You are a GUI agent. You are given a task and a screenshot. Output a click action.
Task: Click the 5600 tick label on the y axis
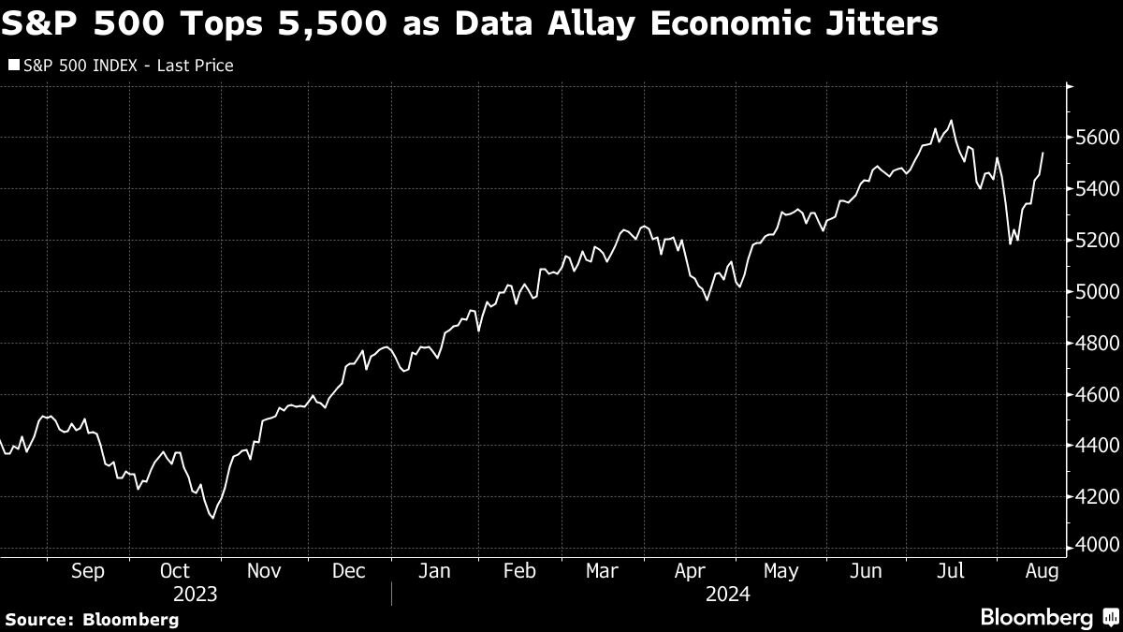click(1091, 139)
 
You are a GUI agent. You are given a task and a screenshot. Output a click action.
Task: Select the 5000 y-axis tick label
click(1091, 292)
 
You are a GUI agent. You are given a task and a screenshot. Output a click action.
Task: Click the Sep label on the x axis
click(88, 571)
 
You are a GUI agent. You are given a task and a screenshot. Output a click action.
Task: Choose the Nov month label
click(263, 571)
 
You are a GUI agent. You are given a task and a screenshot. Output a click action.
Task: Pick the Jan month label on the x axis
click(435, 571)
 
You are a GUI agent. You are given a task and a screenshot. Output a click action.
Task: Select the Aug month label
click(1043, 571)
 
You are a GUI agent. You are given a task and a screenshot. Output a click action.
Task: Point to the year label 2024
click(730, 595)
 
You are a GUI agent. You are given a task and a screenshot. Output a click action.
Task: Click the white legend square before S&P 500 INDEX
click(13, 66)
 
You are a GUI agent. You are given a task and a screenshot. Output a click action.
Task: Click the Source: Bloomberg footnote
click(92, 619)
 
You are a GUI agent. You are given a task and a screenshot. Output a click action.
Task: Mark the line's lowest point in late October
click(213, 517)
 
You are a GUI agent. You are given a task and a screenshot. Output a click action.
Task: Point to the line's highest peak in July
click(952, 121)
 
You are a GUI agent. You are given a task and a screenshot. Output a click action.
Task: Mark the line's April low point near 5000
click(707, 300)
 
